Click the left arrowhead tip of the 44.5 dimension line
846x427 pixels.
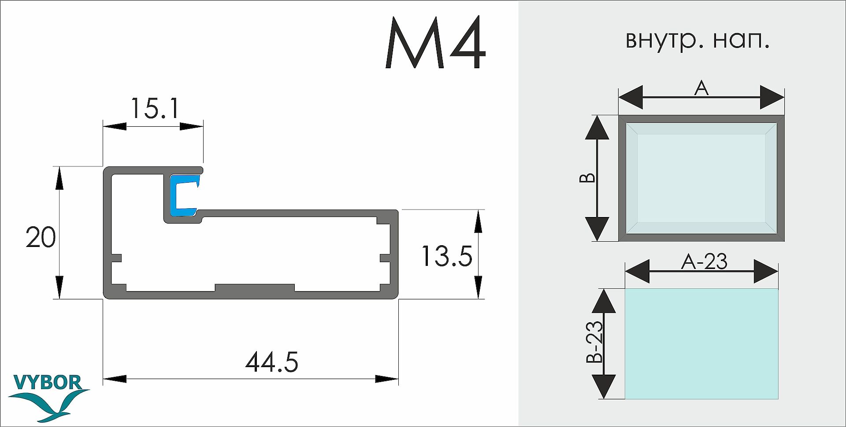[104, 379]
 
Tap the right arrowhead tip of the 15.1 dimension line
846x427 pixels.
[203, 127]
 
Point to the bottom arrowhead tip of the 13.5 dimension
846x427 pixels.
[478, 298]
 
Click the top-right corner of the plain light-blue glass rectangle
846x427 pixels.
[778, 289]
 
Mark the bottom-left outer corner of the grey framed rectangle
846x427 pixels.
[619, 241]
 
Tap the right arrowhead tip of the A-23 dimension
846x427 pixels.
[778, 271]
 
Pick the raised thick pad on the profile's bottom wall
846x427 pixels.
[254, 288]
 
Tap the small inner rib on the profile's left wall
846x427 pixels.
[116, 258]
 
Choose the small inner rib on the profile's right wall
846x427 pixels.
[385, 258]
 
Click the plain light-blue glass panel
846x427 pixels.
[701, 344]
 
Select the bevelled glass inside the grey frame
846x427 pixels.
[701, 178]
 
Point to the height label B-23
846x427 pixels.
[594, 342]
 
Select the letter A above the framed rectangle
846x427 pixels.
[701, 88]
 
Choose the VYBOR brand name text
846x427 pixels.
[48, 383]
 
